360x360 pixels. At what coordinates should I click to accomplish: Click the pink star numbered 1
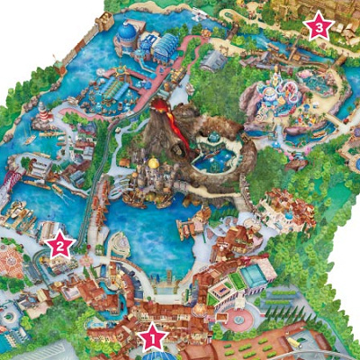[152, 337]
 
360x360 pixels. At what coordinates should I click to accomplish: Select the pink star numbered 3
[318, 26]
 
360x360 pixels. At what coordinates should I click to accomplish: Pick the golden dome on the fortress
[154, 164]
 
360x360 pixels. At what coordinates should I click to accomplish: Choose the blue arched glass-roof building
[166, 45]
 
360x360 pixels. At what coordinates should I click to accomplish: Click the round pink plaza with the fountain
[237, 319]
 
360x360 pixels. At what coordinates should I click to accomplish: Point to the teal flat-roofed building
[254, 275]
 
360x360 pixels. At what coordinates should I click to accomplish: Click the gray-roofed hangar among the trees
[214, 61]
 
